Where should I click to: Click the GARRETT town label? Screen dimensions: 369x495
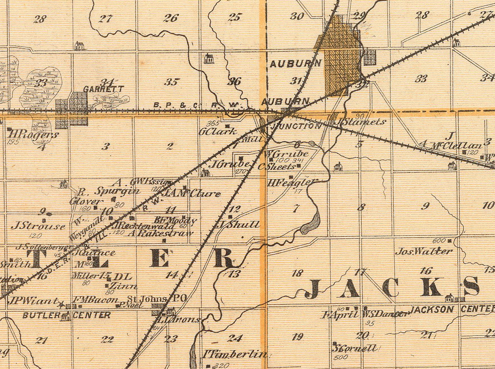coord(97,89)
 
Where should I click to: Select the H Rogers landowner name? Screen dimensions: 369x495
coord(33,134)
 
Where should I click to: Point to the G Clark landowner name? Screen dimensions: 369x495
coord(217,131)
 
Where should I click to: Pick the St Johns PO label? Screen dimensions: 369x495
coord(157,298)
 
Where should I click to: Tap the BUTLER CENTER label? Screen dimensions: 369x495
coord(66,315)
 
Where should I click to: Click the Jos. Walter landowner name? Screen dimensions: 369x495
coord(424,251)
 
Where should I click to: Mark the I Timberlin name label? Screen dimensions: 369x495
coord(235,354)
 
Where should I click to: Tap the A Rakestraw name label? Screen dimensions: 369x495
coord(160,233)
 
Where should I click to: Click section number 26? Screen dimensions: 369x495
coord(171,18)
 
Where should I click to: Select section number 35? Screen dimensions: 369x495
coord(171,82)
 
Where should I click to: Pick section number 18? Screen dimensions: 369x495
coord(297,273)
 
